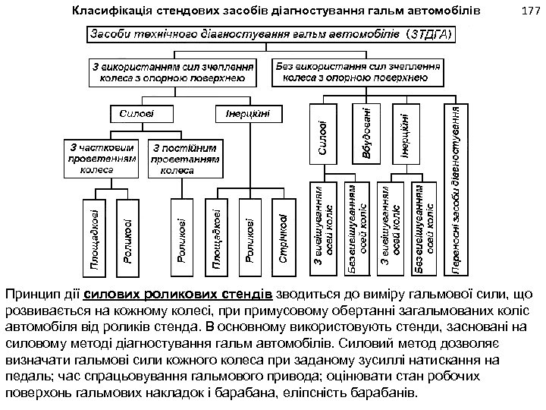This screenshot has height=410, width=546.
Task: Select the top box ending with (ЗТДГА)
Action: click(x=273, y=36)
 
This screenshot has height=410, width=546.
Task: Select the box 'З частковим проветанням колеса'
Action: click(x=99, y=159)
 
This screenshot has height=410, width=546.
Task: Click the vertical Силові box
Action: click(x=322, y=136)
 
